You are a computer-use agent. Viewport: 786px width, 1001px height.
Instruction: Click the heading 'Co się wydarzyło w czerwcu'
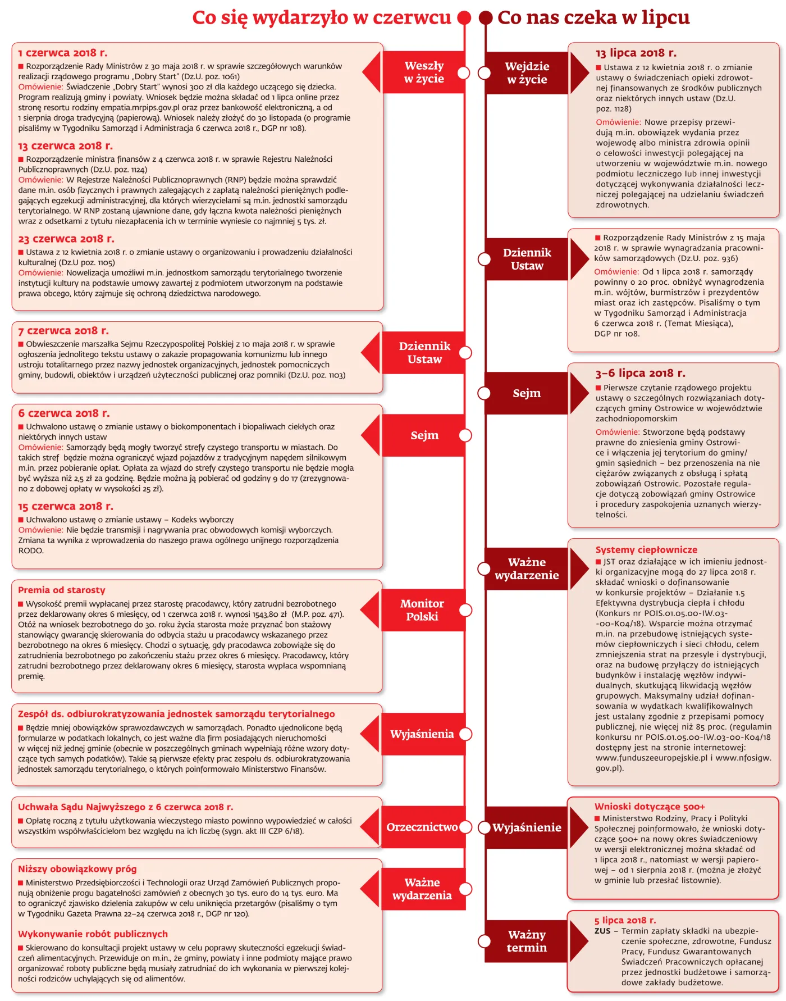point(321,17)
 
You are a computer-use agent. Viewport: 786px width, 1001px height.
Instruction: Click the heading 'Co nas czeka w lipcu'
point(593,17)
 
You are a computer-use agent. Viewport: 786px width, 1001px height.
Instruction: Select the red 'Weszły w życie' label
point(424,72)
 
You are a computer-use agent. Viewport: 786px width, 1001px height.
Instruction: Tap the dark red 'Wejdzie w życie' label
point(527,73)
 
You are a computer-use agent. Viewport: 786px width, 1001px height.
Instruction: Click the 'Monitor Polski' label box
point(422,610)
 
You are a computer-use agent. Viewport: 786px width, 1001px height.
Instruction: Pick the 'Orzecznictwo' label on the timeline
point(422,827)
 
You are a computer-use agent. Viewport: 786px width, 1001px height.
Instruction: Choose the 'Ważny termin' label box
point(526,941)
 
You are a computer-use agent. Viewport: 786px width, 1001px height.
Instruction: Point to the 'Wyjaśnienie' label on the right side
point(527,827)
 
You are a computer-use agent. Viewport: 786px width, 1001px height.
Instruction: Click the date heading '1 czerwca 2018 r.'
point(62,53)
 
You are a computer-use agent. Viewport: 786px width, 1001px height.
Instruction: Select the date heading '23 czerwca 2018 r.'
point(66,239)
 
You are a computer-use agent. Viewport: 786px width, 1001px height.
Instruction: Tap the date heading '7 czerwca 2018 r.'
point(63,331)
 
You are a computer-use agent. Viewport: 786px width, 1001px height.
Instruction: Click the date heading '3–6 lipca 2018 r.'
point(640,373)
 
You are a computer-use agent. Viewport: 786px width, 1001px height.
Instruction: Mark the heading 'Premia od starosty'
point(61,590)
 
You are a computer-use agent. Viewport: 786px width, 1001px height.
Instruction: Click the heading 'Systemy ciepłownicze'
point(646,550)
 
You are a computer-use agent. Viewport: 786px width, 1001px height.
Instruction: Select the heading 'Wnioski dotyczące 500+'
point(650,807)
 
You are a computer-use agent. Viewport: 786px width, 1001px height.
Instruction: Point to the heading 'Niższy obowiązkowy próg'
point(77,869)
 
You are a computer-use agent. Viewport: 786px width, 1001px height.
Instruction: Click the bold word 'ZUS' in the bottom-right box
point(602,931)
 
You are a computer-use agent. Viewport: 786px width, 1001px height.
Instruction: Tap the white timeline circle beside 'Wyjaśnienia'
point(465,734)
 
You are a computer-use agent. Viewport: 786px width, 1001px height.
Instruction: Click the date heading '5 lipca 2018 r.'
point(625,920)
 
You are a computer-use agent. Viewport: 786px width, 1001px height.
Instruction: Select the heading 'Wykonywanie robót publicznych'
point(93,934)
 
